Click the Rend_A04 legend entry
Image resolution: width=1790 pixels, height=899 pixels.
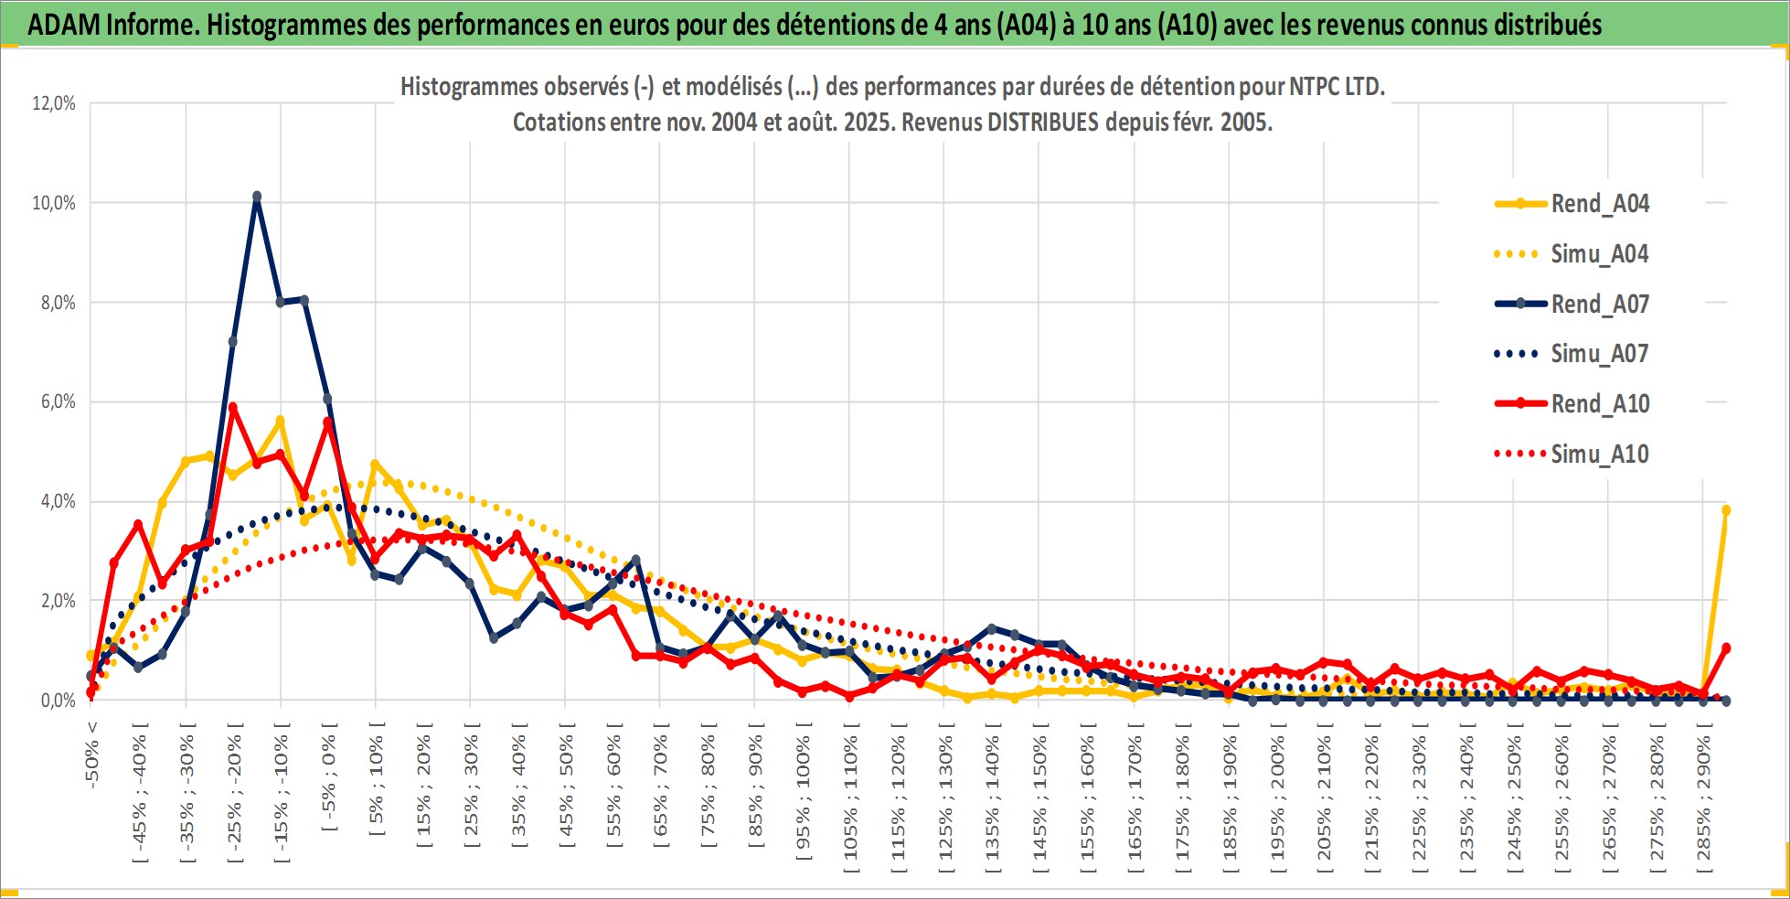pos(1572,203)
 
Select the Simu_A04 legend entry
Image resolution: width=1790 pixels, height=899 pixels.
pos(1572,253)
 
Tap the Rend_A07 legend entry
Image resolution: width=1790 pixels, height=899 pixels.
pos(1572,304)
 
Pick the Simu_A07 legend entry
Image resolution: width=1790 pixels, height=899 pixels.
pos(1572,353)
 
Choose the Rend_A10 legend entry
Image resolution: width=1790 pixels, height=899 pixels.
pos(1572,403)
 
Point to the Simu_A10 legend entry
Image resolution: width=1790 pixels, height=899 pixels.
pos(1572,454)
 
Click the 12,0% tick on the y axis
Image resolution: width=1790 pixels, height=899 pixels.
pos(54,103)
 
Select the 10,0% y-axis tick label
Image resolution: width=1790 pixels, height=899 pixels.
pos(54,203)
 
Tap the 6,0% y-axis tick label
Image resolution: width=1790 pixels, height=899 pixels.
pos(58,401)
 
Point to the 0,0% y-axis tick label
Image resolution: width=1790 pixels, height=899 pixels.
pos(58,701)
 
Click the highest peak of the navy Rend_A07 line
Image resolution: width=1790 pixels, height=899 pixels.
pos(257,197)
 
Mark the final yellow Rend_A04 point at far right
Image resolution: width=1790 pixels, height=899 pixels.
pos(1726,510)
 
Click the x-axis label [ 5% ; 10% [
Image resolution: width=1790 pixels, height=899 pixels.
pos(376,778)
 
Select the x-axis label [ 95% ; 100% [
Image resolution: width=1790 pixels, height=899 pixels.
pos(803,791)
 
